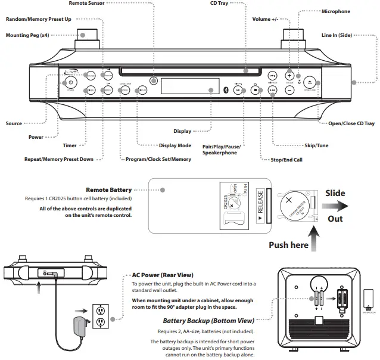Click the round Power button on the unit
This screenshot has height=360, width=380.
click(70, 83)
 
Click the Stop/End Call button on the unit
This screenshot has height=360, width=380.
click(254, 91)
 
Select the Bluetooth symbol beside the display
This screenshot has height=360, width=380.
click(225, 90)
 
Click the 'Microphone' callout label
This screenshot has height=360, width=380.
click(335, 11)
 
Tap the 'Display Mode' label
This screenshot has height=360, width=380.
click(175, 145)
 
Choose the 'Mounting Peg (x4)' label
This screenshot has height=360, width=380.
click(27, 35)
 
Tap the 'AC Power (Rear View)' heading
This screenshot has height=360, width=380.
click(162, 275)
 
